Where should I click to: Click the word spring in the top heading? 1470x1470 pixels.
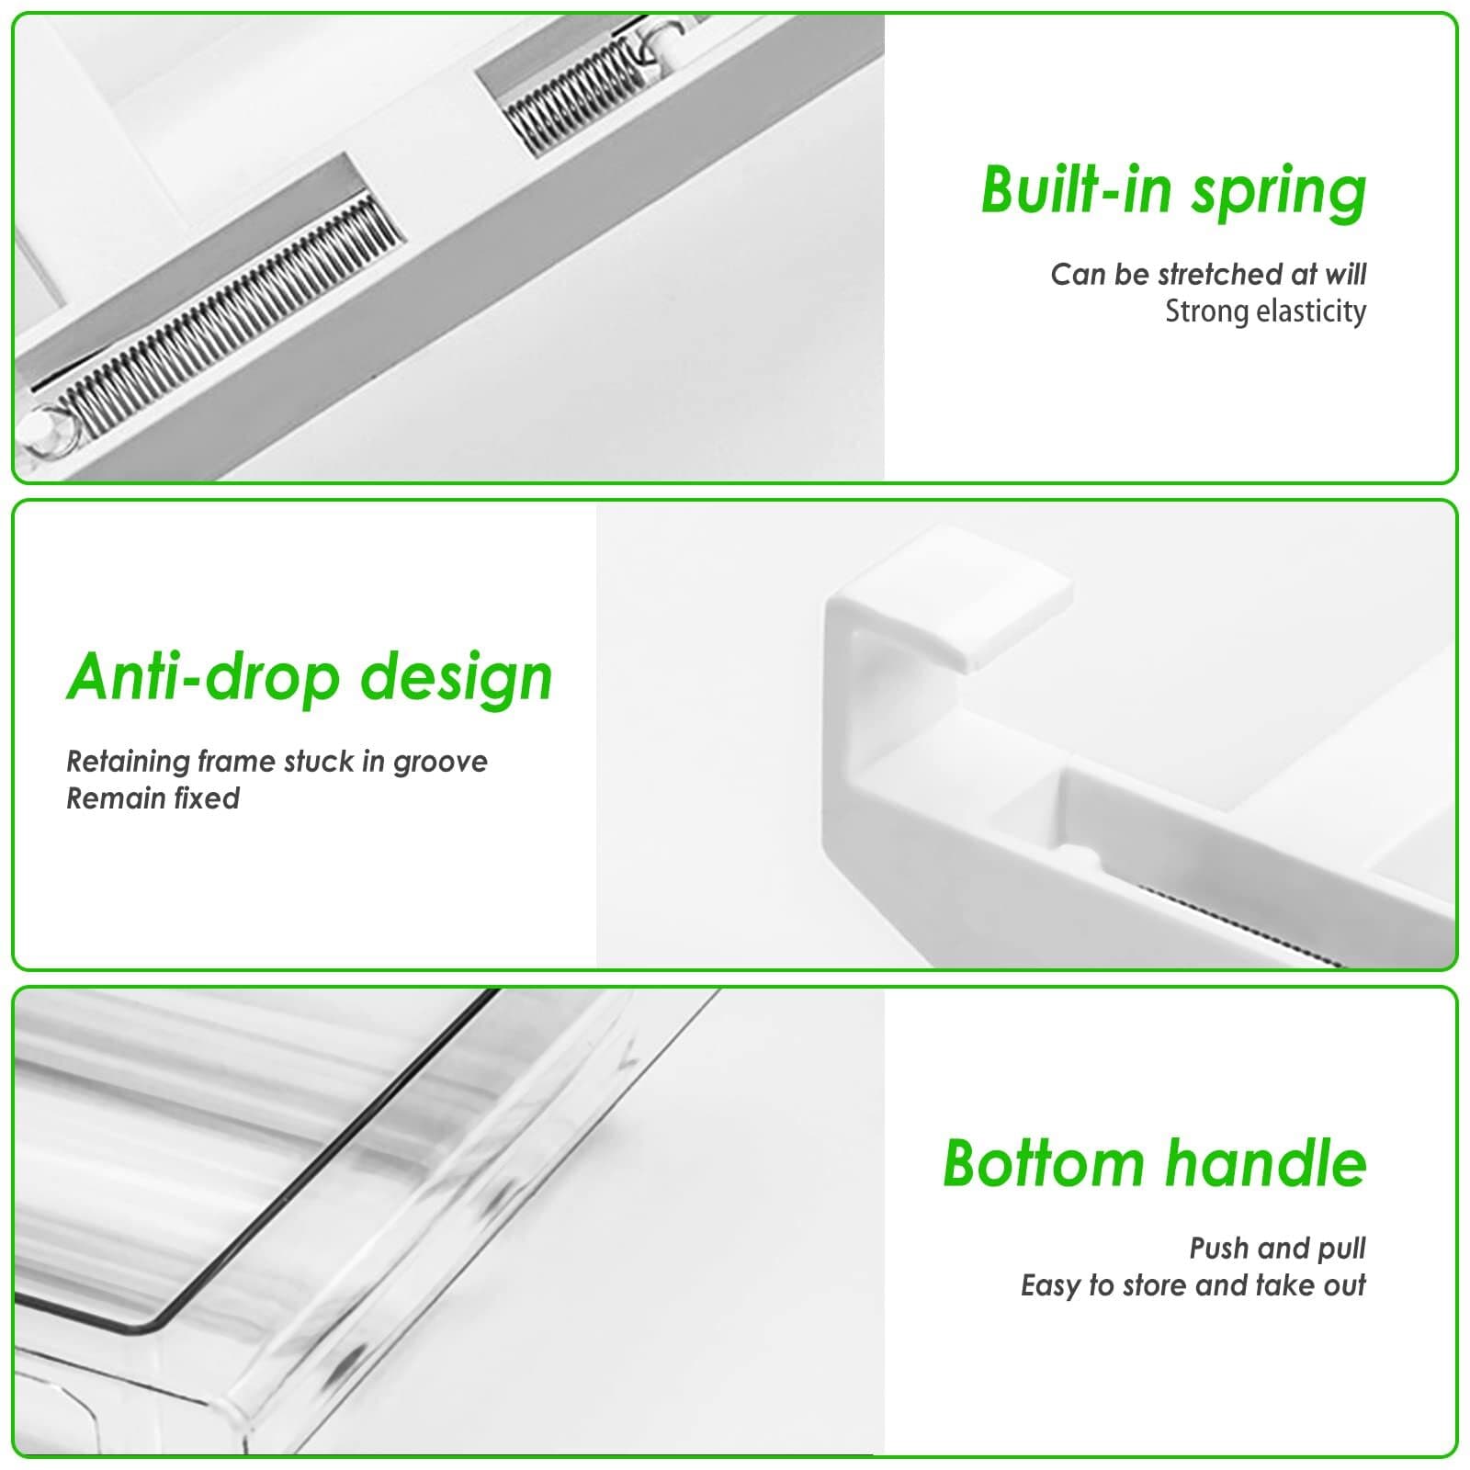click(1279, 191)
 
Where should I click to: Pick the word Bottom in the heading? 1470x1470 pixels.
click(1043, 1163)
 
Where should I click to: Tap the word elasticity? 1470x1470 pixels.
click(1310, 312)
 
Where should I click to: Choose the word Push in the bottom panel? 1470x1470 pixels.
click(1219, 1248)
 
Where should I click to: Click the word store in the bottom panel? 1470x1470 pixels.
click(1154, 1284)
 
